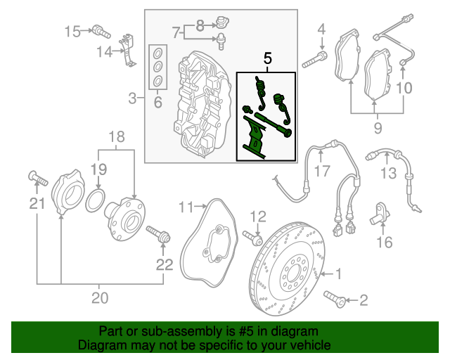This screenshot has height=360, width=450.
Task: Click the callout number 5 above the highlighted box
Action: [x=267, y=59]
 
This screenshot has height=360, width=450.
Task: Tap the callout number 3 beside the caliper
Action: [x=132, y=96]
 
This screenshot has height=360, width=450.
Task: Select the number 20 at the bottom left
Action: [x=100, y=298]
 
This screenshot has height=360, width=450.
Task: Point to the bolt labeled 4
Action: [x=312, y=60]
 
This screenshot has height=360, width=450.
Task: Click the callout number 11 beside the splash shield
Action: [x=185, y=207]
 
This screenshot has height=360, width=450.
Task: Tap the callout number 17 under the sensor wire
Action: [x=322, y=170]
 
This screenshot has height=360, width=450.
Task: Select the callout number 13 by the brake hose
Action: [x=389, y=173]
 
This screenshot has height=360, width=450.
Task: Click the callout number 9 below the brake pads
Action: [x=378, y=129]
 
